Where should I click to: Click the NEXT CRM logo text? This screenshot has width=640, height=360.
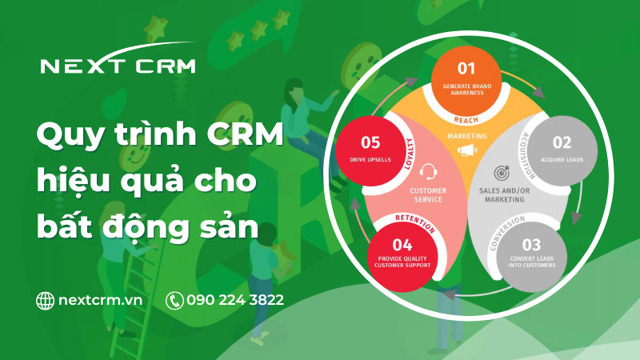point(118,66)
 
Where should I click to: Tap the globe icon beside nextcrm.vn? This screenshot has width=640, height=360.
point(46,300)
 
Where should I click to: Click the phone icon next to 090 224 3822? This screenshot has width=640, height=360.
point(174,300)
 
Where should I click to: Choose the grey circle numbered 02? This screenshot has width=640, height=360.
point(562,148)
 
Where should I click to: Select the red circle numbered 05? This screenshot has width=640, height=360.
point(370,149)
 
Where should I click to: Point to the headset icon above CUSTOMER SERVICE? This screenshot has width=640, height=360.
point(428,171)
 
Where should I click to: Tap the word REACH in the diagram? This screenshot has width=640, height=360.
point(467,119)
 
